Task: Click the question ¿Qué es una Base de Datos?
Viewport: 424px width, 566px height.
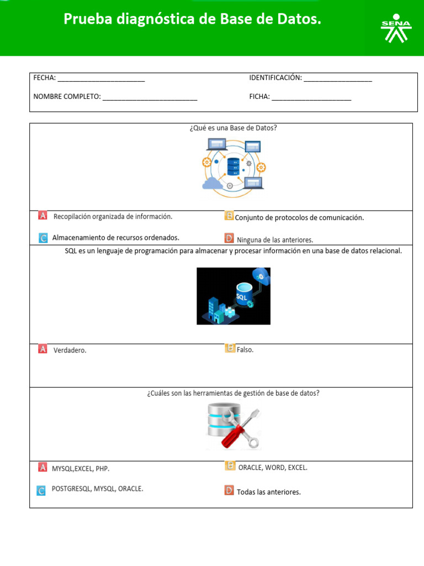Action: [x=233, y=128]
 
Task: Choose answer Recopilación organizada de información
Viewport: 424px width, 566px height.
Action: [x=113, y=217]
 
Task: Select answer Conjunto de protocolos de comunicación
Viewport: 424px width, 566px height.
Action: [x=299, y=218]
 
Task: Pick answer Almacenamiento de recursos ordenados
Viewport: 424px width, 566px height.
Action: [x=115, y=238]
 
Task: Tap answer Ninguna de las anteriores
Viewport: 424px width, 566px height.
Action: [x=275, y=240]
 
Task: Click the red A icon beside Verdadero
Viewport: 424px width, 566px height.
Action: [x=43, y=349]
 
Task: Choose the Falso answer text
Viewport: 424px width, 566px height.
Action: [x=245, y=350]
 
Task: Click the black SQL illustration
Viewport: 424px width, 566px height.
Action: [x=234, y=296]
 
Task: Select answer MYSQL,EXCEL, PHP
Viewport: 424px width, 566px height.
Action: [x=81, y=469]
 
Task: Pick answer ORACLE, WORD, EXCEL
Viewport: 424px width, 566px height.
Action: [x=273, y=468]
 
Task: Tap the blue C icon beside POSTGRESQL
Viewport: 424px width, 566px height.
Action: [x=41, y=490]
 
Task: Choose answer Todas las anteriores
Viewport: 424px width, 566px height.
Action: [x=269, y=492]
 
